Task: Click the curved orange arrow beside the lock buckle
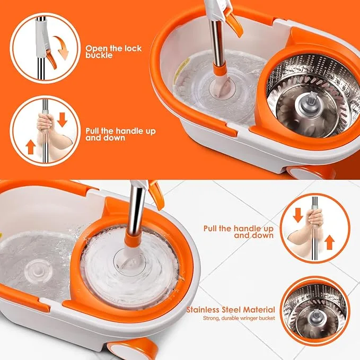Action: coord(62,47)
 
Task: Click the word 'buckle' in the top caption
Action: coord(99,55)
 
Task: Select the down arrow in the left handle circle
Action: coord(62,120)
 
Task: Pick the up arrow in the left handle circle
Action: coord(30,147)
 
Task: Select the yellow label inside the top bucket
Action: coord(182,68)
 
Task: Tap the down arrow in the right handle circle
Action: coord(298,215)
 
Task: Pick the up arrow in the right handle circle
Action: coord(330,242)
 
